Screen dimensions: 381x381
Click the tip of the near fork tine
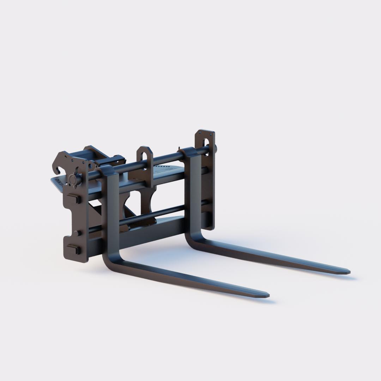(x=267, y=295)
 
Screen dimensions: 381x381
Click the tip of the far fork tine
(x=348, y=271)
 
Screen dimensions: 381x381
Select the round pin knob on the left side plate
(x=73, y=179)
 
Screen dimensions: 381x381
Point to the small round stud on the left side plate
(x=78, y=233)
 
